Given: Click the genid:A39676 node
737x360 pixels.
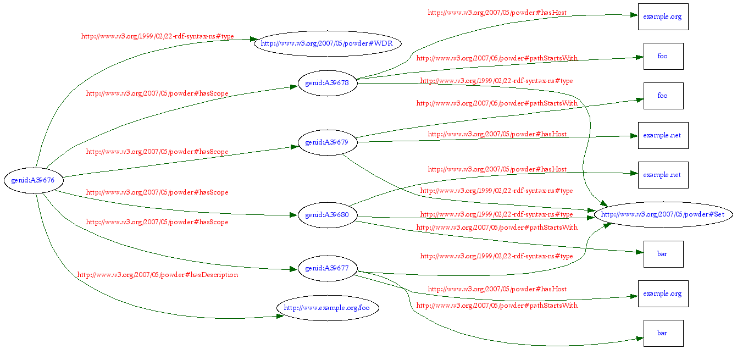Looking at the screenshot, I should click(x=34, y=180).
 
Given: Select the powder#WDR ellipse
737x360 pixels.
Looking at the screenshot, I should click(x=327, y=44).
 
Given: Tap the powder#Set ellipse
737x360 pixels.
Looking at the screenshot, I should click(x=663, y=214).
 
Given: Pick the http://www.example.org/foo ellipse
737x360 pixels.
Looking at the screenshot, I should click(x=327, y=308).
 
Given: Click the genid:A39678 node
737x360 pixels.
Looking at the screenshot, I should click(x=327, y=84).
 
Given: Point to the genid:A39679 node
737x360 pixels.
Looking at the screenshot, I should click(x=327, y=142).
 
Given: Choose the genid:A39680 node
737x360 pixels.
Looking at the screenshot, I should click(x=327, y=214).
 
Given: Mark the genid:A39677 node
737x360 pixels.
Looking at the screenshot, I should click(x=327, y=268).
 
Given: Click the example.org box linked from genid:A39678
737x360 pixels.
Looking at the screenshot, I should click(x=663, y=16).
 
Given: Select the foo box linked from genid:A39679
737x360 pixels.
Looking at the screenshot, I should click(x=663, y=96).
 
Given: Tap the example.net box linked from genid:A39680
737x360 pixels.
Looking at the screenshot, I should click(x=663, y=175).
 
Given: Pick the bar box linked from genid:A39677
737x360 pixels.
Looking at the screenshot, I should click(x=663, y=333).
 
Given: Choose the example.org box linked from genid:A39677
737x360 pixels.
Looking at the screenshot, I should click(x=663, y=293).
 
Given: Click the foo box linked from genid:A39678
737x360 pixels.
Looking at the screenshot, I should click(x=663, y=56).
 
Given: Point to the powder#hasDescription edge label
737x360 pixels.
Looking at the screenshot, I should click(x=158, y=275).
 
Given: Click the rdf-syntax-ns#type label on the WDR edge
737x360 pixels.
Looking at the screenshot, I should click(x=158, y=36).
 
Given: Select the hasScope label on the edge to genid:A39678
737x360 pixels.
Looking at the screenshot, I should click(x=157, y=93).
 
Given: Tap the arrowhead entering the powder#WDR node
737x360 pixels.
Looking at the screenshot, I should click(x=253, y=40).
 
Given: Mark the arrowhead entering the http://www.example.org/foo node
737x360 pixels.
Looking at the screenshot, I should click(x=280, y=316).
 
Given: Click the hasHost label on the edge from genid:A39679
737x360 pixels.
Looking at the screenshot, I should click(x=497, y=134).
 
